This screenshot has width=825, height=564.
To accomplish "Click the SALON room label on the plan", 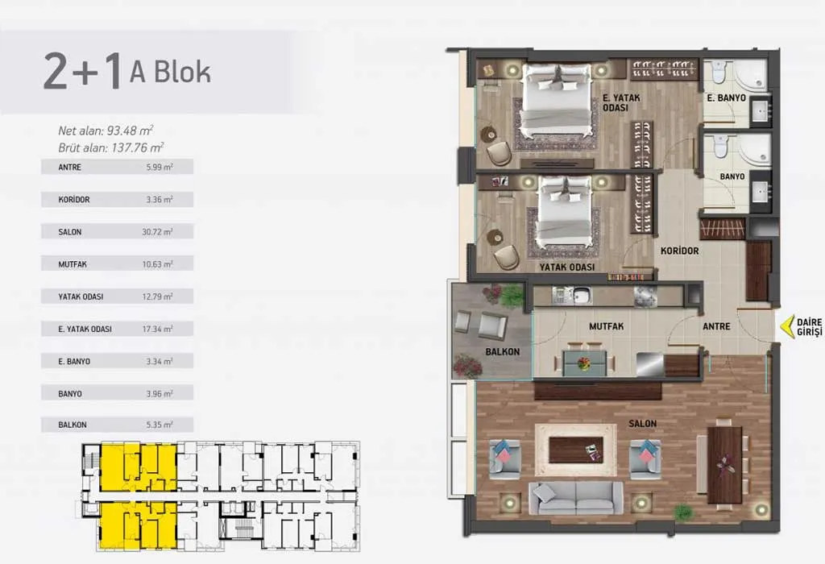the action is (x=642, y=423).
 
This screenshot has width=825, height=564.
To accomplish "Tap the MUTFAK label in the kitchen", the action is (x=606, y=326).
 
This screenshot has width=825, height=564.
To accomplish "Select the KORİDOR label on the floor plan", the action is (x=680, y=251).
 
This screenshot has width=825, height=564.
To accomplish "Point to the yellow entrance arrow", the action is (x=786, y=326).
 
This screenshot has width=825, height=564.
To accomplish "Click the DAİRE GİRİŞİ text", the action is (x=809, y=327).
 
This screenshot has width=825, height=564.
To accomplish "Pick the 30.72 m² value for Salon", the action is (x=157, y=232).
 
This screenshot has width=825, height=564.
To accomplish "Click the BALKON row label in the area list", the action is (x=73, y=425).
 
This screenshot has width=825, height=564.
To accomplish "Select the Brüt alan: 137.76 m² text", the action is (x=111, y=147).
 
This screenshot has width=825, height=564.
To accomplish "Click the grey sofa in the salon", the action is (x=576, y=498).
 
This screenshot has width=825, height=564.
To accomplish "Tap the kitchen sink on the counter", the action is (x=582, y=296).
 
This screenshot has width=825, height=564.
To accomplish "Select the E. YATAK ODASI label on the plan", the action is (x=621, y=102).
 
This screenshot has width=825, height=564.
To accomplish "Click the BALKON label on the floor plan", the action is (x=503, y=351).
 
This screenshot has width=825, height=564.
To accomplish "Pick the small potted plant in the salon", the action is (x=683, y=511).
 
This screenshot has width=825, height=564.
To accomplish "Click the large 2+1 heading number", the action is (x=83, y=72).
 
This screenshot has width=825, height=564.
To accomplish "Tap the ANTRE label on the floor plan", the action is (x=716, y=327).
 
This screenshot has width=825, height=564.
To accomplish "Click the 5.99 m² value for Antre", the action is (x=160, y=168).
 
